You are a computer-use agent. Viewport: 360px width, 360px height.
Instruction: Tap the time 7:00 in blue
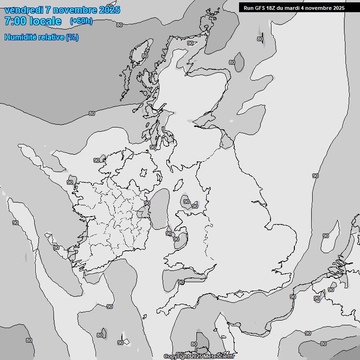click(x=15, y=21)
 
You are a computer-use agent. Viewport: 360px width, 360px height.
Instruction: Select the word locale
click(x=45, y=21)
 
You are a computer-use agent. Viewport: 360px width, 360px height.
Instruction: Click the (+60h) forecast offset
click(x=81, y=21)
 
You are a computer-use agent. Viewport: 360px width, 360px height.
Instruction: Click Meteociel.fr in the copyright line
click(x=221, y=356)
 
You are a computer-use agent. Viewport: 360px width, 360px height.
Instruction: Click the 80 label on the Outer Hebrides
click(x=145, y=56)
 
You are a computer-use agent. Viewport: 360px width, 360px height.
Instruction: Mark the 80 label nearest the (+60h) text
click(x=120, y=25)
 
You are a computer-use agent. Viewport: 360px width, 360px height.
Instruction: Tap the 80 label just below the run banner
click(x=260, y=39)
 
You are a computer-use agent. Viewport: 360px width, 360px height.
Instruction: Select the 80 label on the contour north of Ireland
click(x=91, y=113)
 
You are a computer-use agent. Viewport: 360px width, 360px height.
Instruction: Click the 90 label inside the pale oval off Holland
click(x=326, y=236)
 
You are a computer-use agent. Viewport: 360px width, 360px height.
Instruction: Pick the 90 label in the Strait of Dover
click(x=293, y=297)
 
